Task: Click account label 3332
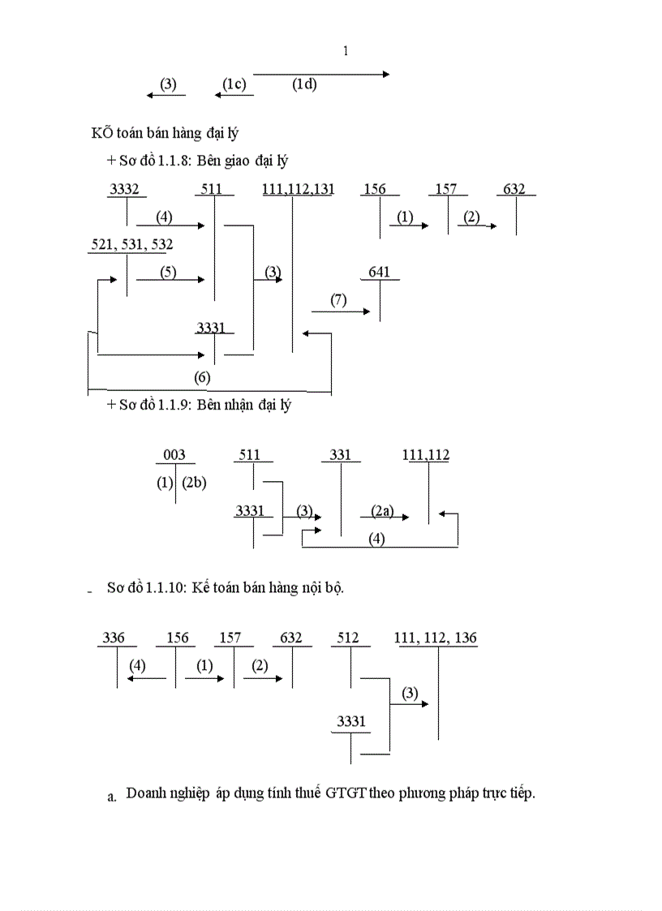124,190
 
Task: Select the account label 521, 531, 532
131,244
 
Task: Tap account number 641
379,273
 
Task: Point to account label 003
174,456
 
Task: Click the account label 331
341,456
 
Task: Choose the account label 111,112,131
299,190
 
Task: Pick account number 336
114,638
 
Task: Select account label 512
347,638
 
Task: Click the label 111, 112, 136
436,638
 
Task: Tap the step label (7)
338,300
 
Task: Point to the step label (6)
202,377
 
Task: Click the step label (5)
168,273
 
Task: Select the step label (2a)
381,510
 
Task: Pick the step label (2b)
194,483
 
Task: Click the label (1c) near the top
234,84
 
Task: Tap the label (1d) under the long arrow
304,84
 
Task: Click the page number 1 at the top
346,51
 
